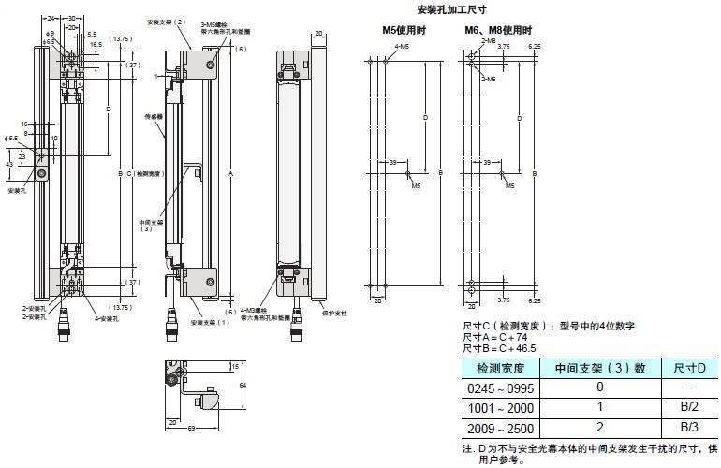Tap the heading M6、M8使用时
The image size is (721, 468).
click(496, 31)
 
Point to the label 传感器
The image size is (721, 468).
click(154, 118)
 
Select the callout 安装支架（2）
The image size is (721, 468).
click(167, 21)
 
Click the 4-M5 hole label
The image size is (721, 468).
click(402, 45)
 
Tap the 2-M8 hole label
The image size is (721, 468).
click(488, 42)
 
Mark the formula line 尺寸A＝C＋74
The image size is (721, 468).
click(489, 336)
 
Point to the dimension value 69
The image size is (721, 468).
click(190, 428)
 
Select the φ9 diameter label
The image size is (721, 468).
click(50, 34)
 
